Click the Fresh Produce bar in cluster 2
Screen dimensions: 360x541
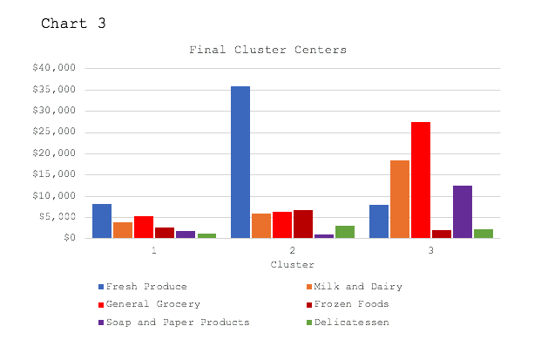(x=240, y=162)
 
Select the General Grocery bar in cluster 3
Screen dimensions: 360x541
(x=421, y=180)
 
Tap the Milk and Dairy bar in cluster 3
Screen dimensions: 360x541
(x=400, y=199)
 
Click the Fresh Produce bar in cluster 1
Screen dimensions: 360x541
(x=102, y=221)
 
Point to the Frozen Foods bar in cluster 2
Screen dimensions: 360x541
(x=303, y=224)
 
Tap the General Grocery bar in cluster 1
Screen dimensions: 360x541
(x=144, y=227)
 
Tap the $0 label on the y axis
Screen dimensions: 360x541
(x=70, y=238)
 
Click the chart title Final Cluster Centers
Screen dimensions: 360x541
(x=268, y=50)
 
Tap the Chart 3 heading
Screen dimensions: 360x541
(x=73, y=24)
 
